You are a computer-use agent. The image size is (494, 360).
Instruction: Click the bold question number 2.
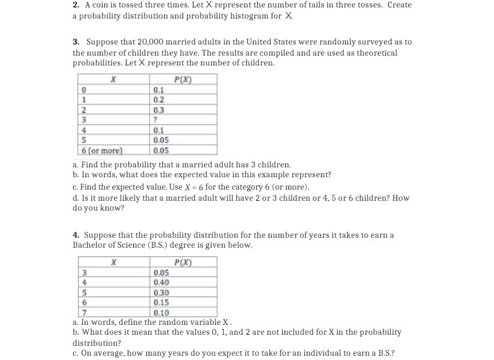(76, 5)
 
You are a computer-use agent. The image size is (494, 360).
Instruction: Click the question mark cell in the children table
(156, 120)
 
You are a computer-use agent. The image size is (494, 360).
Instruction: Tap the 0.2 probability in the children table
(159, 99)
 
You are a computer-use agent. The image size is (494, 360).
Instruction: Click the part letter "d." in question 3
(76, 198)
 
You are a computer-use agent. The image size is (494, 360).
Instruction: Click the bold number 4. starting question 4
(76, 235)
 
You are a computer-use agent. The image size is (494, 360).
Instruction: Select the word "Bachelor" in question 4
(90, 245)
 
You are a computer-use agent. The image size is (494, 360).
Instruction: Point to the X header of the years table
(113, 262)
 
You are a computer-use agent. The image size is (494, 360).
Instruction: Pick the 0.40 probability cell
(161, 283)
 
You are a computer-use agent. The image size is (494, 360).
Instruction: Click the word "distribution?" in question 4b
(97, 343)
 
